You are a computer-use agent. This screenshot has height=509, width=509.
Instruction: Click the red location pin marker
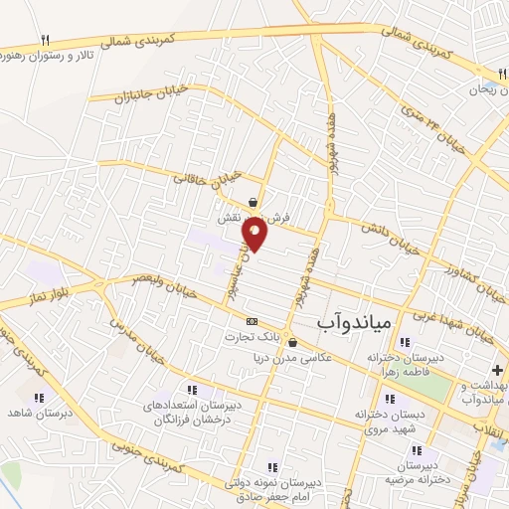(255, 234)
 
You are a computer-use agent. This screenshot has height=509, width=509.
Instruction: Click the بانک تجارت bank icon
(252, 321)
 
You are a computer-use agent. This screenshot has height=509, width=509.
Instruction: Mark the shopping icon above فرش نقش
(254, 201)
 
